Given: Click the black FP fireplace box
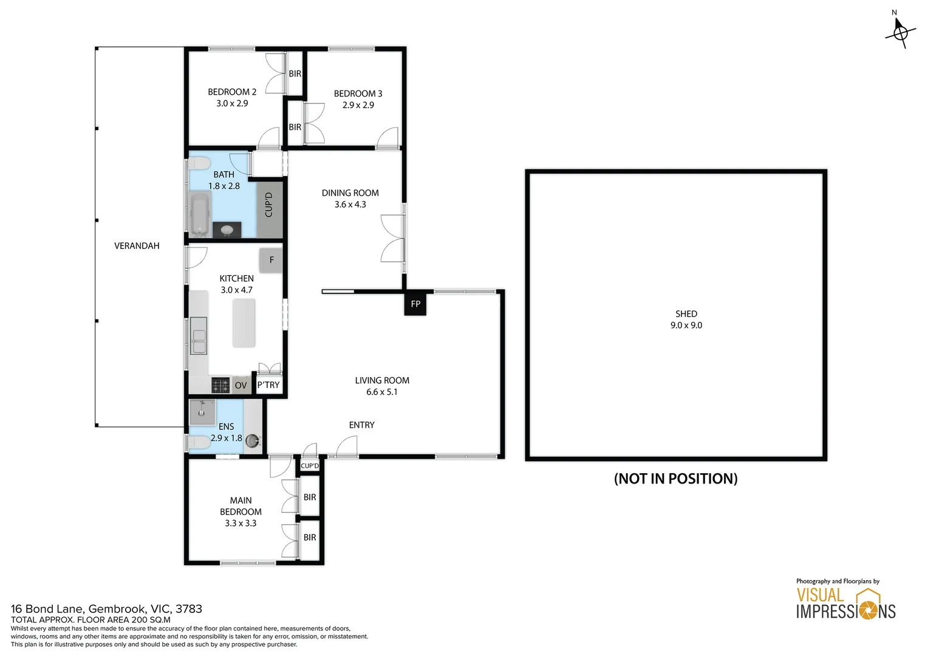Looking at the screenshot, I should tap(415, 304).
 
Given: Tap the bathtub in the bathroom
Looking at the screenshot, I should tap(199, 213).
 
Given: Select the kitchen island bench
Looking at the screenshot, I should tap(244, 323).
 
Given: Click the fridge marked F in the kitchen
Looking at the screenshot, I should tap(271, 260).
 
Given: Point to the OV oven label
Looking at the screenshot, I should tap(241, 385).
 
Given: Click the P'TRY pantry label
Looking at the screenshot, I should tap(268, 385).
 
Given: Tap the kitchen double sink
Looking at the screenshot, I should tap(199, 335).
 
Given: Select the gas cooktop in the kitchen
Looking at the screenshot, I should tap(220, 385).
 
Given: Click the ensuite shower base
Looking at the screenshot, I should tap(202, 412).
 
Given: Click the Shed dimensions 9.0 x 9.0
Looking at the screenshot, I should tap(686, 326).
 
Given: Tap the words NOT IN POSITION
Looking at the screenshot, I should tap(675, 479).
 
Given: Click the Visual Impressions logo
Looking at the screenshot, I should tap(845, 604).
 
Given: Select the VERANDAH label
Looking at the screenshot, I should tap(137, 246).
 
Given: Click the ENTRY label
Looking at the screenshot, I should tap(361, 425).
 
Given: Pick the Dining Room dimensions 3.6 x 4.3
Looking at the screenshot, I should tap(350, 205).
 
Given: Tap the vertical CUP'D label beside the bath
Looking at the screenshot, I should tap(268, 205).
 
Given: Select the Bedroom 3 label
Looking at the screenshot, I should tap(358, 94).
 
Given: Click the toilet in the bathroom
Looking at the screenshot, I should tap(199, 163).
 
